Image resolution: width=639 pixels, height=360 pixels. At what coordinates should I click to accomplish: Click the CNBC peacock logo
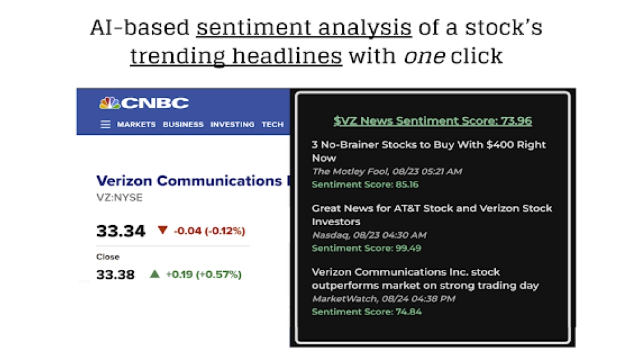(109, 103)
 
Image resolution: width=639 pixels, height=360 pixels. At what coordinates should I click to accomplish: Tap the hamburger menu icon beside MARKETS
(105, 125)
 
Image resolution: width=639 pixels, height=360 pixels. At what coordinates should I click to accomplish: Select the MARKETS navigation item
(136, 125)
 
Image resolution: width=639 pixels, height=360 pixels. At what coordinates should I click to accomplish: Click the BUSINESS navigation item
(183, 125)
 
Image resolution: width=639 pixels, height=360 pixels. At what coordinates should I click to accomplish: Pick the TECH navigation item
(272, 125)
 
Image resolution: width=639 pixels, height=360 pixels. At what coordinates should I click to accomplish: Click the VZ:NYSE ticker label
(119, 198)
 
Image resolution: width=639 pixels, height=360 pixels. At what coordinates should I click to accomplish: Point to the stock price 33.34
(121, 231)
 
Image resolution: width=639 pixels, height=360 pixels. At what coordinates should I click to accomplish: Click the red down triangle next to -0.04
(162, 230)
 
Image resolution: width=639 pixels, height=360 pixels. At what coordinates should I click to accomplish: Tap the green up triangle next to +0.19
(154, 274)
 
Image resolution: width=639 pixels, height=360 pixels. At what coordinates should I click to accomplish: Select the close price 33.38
(116, 275)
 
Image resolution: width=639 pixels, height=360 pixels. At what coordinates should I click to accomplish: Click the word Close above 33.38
(107, 257)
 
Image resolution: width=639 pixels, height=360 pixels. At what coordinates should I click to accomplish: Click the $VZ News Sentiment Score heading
(433, 121)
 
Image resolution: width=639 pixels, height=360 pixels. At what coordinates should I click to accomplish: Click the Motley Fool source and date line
(387, 171)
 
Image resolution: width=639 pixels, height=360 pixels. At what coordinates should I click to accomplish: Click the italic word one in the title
(424, 56)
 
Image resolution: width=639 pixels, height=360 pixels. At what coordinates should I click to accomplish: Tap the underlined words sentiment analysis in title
(304, 28)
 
